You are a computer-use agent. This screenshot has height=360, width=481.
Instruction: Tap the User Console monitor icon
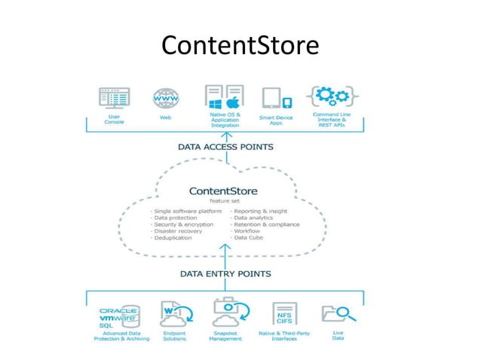[x=114, y=98]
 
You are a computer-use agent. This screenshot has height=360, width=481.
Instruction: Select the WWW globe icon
[x=165, y=99]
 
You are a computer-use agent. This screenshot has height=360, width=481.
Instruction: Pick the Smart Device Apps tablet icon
[x=277, y=99]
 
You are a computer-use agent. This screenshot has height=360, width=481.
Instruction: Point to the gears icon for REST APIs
[x=329, y=97]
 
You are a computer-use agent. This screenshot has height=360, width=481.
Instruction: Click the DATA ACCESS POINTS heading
[x=225, y=148]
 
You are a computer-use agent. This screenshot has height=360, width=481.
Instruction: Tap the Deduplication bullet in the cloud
[x=174, y=238]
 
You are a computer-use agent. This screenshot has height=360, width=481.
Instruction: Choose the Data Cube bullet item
[x=253, y=238]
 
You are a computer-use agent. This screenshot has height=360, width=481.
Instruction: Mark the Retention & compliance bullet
[x=267, y=224]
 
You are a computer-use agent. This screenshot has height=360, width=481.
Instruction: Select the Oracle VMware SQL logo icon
[x=119, y=316]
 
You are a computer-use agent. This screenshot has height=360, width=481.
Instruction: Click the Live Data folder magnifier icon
[x=333, y=314]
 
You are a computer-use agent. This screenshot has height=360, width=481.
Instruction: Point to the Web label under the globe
[x=165, y=118]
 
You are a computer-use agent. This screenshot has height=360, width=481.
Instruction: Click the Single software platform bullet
[x=187, y=211]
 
